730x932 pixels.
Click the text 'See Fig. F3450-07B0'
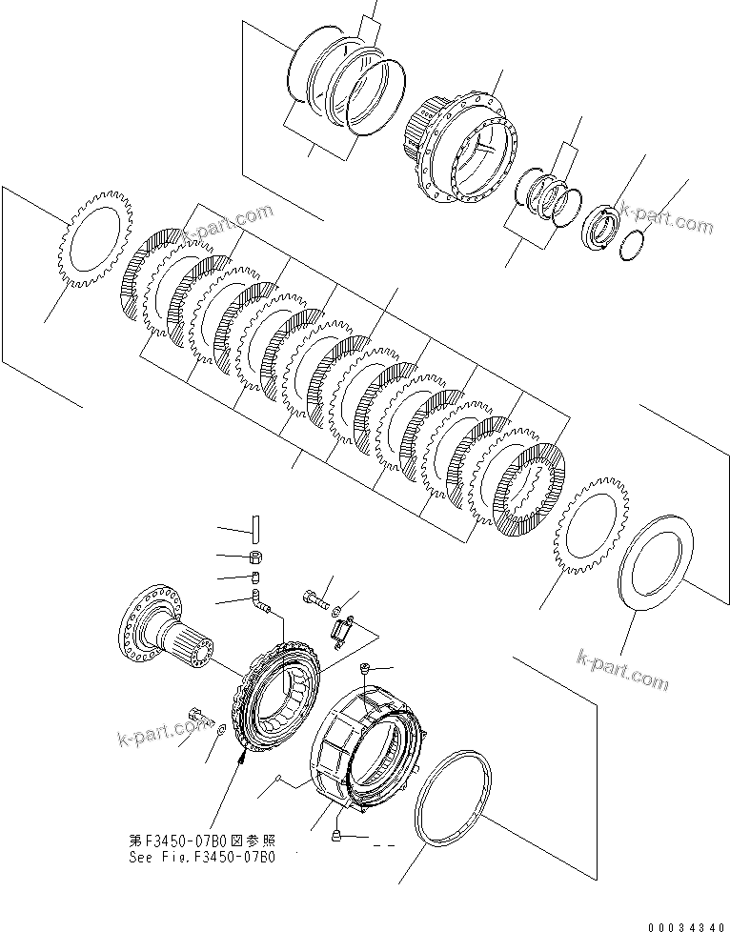(x=202, y=856)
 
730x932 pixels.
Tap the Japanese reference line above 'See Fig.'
(x=202, y=841)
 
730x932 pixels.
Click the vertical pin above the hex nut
(x=256, y=527)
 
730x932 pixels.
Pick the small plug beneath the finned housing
(x=336, y=836)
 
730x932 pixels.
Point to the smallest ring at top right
(x=630, y=246)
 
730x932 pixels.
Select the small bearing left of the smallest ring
(x=600, y=229)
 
